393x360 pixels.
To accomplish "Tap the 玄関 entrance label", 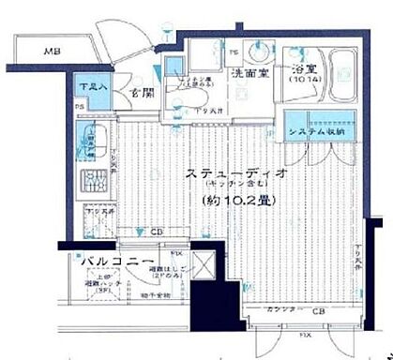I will point(142,93).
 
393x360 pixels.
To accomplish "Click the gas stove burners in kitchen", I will point(94,182).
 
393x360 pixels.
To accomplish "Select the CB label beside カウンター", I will point(318,311).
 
